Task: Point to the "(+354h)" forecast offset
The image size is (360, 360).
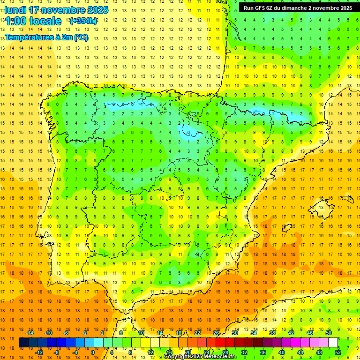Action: [83, 21]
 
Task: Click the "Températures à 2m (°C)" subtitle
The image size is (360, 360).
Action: [46, 37]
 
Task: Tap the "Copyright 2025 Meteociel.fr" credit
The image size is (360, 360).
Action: [200, 357]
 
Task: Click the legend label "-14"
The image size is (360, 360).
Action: [30, 333]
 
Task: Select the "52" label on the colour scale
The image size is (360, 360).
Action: [338, 352]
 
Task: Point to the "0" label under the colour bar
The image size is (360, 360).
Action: [93, 352]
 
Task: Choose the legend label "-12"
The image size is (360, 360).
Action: [39, 352]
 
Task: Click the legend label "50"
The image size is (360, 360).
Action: [329, 333]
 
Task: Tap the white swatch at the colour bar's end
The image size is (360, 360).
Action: [333, 343]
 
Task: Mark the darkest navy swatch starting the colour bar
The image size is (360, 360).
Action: [23, 343]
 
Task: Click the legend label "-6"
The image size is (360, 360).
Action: [66, 333]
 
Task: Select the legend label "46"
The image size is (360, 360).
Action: [310, 333]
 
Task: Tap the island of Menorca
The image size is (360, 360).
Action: [348, 196]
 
